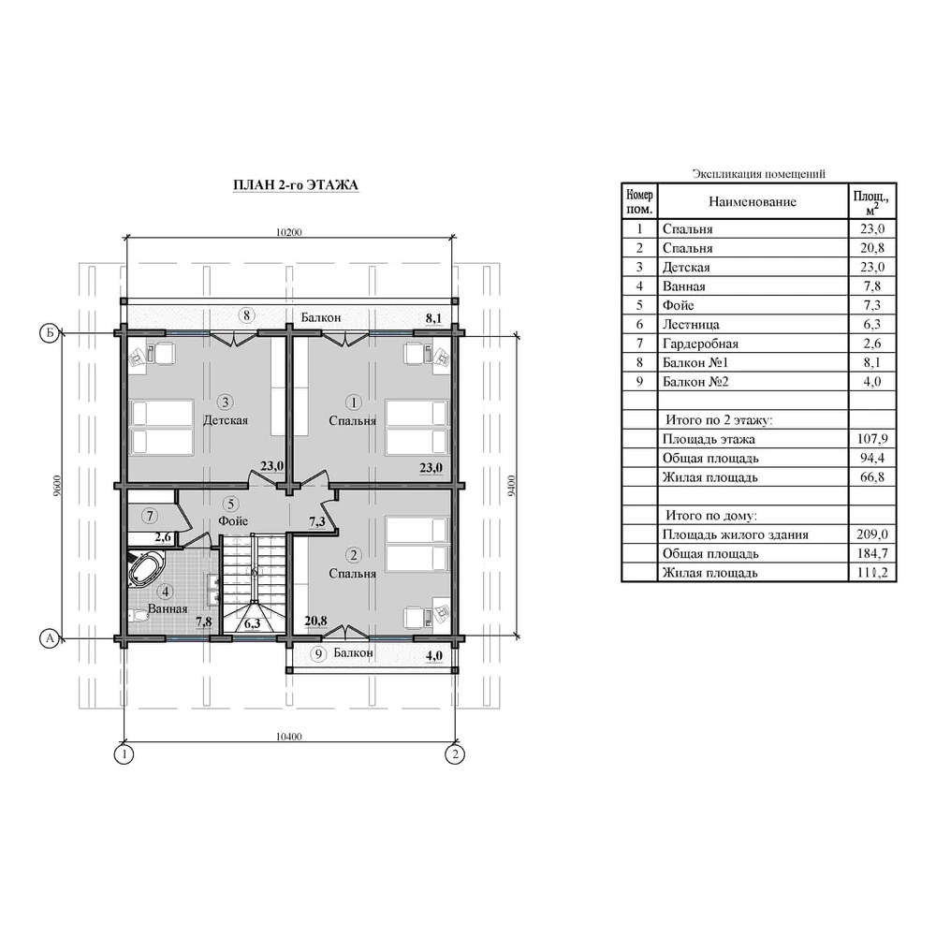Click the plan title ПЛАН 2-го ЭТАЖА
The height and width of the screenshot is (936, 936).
coord(296,185)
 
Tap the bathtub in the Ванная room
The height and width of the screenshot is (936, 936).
coord(145,569)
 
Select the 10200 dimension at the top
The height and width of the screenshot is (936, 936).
coord(289,232)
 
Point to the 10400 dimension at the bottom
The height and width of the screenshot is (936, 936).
coord(289,737)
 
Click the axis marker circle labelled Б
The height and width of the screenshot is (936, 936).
coord(50,332)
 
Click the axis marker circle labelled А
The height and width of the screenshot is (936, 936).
coord(50,638)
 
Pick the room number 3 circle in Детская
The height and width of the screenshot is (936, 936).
coord(225,402)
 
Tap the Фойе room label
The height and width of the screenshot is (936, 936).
coord(233,520)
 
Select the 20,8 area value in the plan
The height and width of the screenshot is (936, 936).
coord(315,621)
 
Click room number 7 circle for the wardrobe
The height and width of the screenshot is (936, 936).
coord(150,516)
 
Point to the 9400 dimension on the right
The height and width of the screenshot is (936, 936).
coord(511,486)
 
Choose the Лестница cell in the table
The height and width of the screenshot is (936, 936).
coord(691,324)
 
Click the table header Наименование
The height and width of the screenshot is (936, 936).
coord(753,202)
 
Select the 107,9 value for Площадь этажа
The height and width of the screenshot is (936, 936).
coord(872,439)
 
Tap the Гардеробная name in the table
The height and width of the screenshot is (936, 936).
coord(700,344)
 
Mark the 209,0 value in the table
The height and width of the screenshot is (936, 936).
coord(872,534)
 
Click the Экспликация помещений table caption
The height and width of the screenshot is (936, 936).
coord(759,174)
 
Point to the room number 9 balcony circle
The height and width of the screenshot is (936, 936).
coord(319,654)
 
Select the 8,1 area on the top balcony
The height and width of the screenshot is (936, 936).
coord(434,318)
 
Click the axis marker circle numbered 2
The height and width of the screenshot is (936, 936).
coord(455,754)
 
